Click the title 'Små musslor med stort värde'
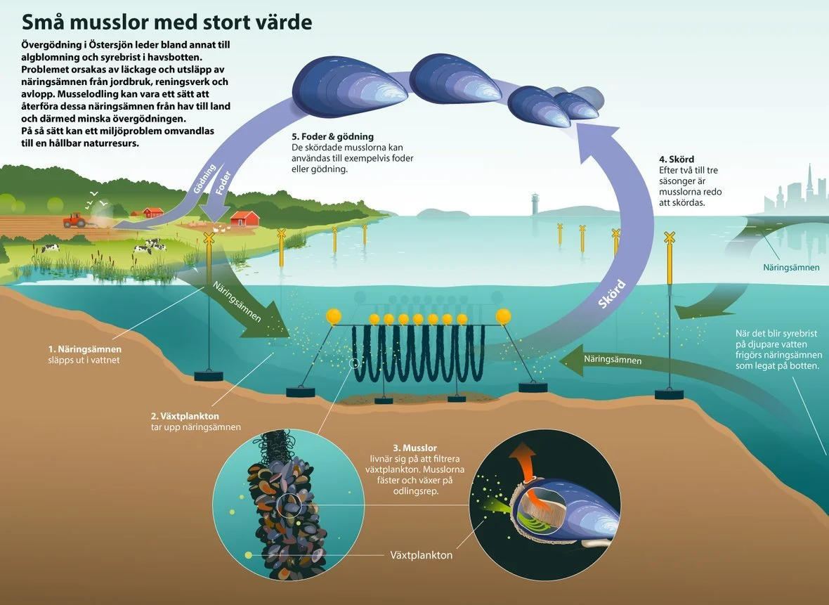click(x=167, y=22)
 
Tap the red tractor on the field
click(x=74, y=220)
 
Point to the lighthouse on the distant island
click(x=536, y=203)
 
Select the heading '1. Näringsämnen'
click(x=84, y=349)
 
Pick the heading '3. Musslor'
click(x=414, y=448)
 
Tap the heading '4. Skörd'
click(x=677, y=160)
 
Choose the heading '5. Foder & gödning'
click(x=332, y=136)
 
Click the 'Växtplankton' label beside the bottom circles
click(x=421, y=555)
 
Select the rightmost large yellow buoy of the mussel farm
click(x=503, y=317)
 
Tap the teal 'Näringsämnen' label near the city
click(x=791, y=268)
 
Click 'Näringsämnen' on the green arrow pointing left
click(x=613, y=360)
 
